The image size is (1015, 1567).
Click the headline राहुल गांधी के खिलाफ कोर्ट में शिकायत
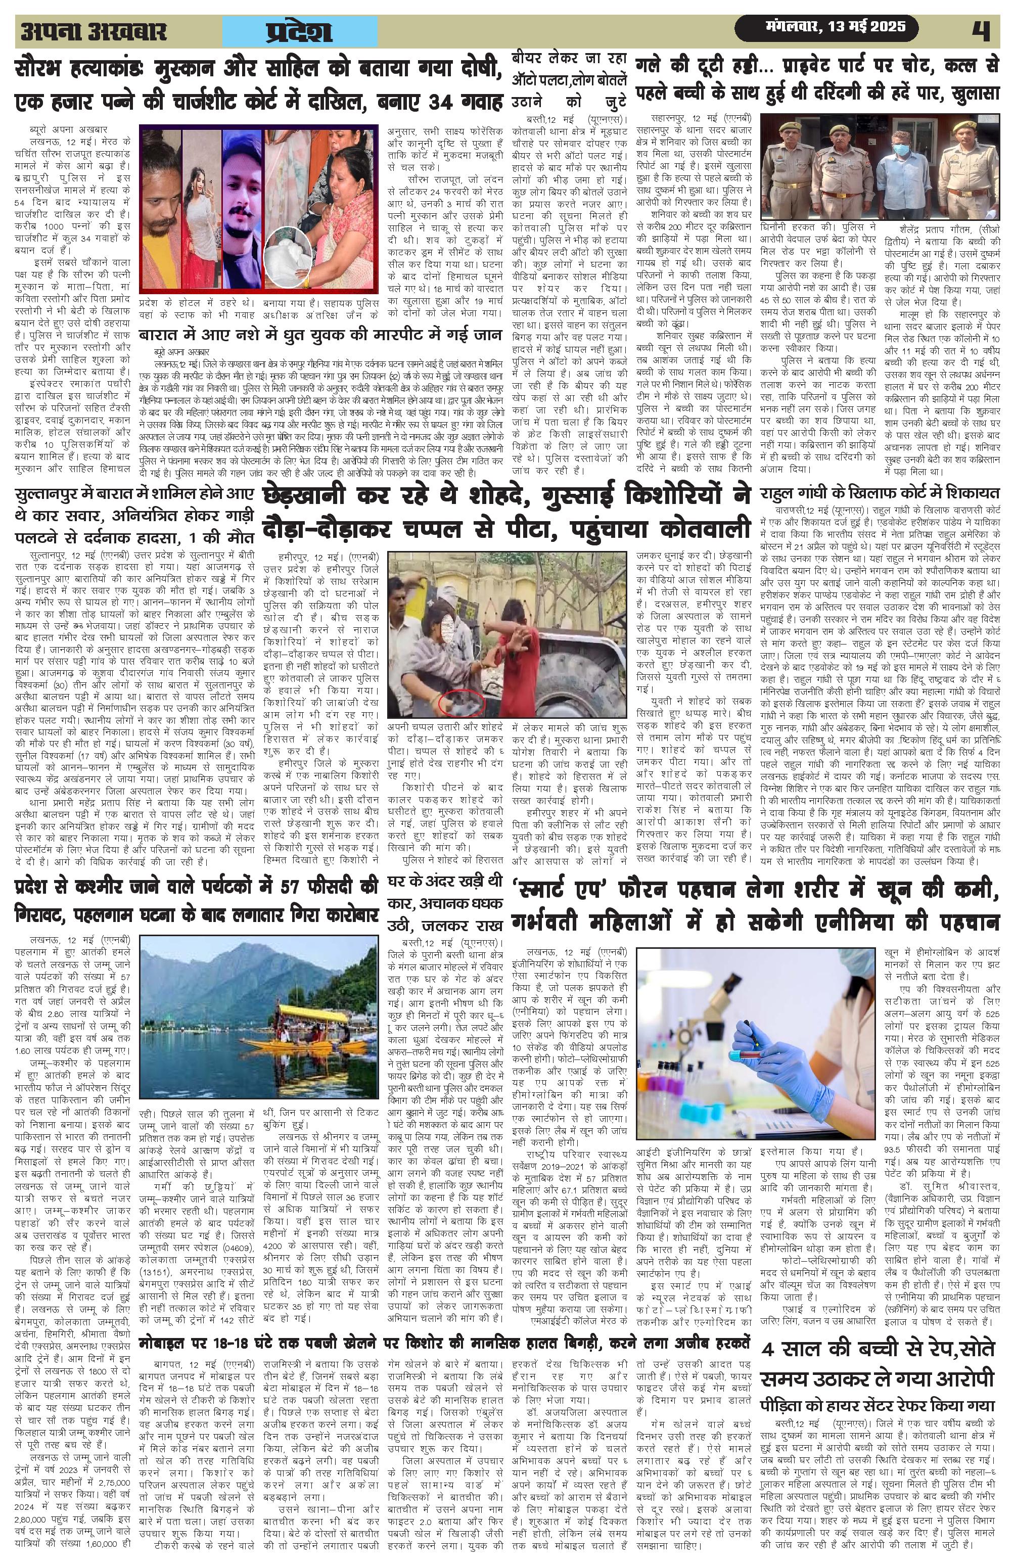tap(880, 493)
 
